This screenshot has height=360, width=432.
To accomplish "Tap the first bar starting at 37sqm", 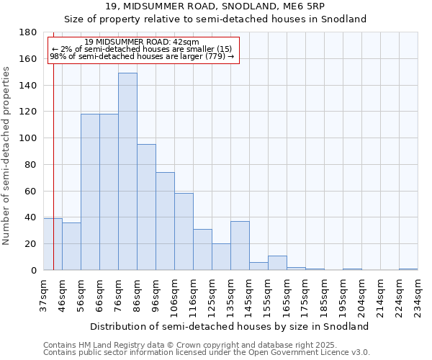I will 53,244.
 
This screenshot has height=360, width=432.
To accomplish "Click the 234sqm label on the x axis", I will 418,295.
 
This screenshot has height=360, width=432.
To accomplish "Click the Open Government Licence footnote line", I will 207,352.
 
